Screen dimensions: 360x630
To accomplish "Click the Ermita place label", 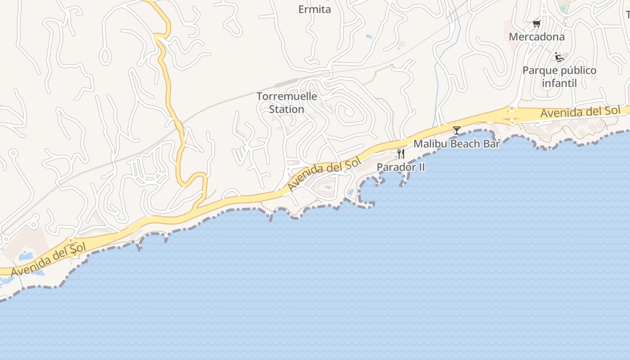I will click(x=315, y=9).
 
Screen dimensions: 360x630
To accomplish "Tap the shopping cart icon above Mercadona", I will click(x=536, y=23).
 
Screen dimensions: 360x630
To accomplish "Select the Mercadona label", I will click(x=536, y=36).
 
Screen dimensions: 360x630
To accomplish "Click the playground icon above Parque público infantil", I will click(x=559, y=57).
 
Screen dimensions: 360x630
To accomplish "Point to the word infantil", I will click(x=559, y=83).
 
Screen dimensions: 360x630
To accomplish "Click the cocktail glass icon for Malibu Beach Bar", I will click(x=457, y=130).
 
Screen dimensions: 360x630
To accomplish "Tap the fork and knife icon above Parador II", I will click(x=400, y=154).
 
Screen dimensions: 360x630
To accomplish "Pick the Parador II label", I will click(x=400, y=167).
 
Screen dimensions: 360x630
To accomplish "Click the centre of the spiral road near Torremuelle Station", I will click(x=348, y=111).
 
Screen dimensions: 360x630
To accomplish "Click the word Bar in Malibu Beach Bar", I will click(x=492, y=144).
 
